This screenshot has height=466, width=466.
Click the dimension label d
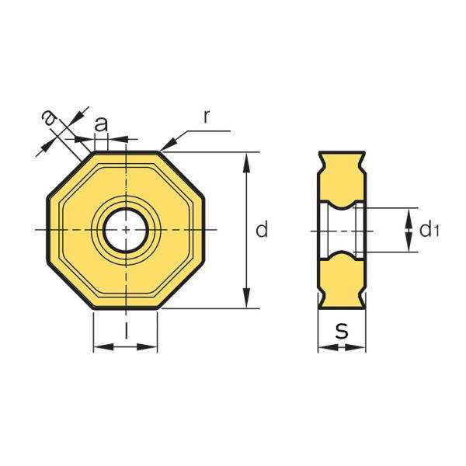(262, 229)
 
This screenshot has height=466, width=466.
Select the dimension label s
(342, 331)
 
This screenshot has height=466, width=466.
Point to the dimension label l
(126, 330)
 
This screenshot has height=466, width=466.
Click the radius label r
(207, 116)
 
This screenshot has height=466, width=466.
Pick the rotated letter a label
(49, 118)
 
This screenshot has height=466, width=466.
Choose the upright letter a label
(101, 124)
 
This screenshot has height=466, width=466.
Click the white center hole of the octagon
(126, 230)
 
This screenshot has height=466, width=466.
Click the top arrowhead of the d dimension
(246, 162)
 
